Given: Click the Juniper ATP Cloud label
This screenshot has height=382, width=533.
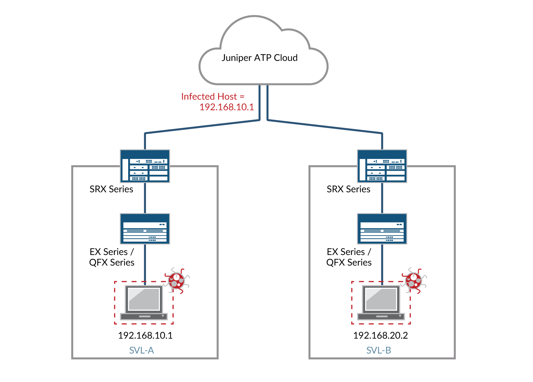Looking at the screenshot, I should pos(260,58).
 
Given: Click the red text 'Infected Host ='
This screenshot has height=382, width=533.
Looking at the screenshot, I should pos(212,96).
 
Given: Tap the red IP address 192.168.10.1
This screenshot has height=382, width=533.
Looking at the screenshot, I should pos(226,107).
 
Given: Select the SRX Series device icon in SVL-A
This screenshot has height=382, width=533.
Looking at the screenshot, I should pos(145,166).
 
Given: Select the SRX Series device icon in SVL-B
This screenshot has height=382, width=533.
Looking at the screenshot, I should pos(382,166).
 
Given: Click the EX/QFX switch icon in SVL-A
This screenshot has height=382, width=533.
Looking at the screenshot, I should pos(145,229).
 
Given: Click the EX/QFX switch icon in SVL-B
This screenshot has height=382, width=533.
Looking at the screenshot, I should pos(382,229).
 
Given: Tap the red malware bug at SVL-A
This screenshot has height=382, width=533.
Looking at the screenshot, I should pos(177,280).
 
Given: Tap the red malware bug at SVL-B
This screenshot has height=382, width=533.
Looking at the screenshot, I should pos(414,280).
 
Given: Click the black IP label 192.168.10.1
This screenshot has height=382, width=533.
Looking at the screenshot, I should pos(145,336).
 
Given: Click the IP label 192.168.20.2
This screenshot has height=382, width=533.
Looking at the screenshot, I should pos(380,336).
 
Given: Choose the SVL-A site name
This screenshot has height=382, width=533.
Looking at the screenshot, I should pos(142,350).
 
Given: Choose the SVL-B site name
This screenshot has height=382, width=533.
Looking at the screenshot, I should pos(378,350).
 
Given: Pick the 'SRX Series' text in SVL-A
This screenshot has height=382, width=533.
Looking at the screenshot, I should pos(111,189).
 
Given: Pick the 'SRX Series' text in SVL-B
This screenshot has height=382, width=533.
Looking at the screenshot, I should pos(349,189).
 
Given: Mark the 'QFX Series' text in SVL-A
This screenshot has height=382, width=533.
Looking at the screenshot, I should pos(112,263).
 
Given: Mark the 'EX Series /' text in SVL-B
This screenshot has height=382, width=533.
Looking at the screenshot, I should pos(349,252).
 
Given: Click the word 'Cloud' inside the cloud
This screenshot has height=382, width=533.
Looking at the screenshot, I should pos(286,58).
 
